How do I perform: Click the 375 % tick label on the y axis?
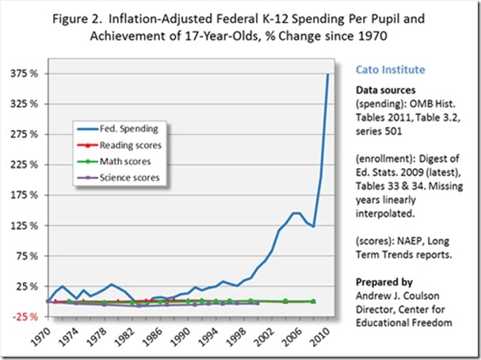[x=25, y=74]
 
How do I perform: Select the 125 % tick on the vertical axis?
[x=25, y=226]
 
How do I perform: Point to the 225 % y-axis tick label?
[x=25, y=165]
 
